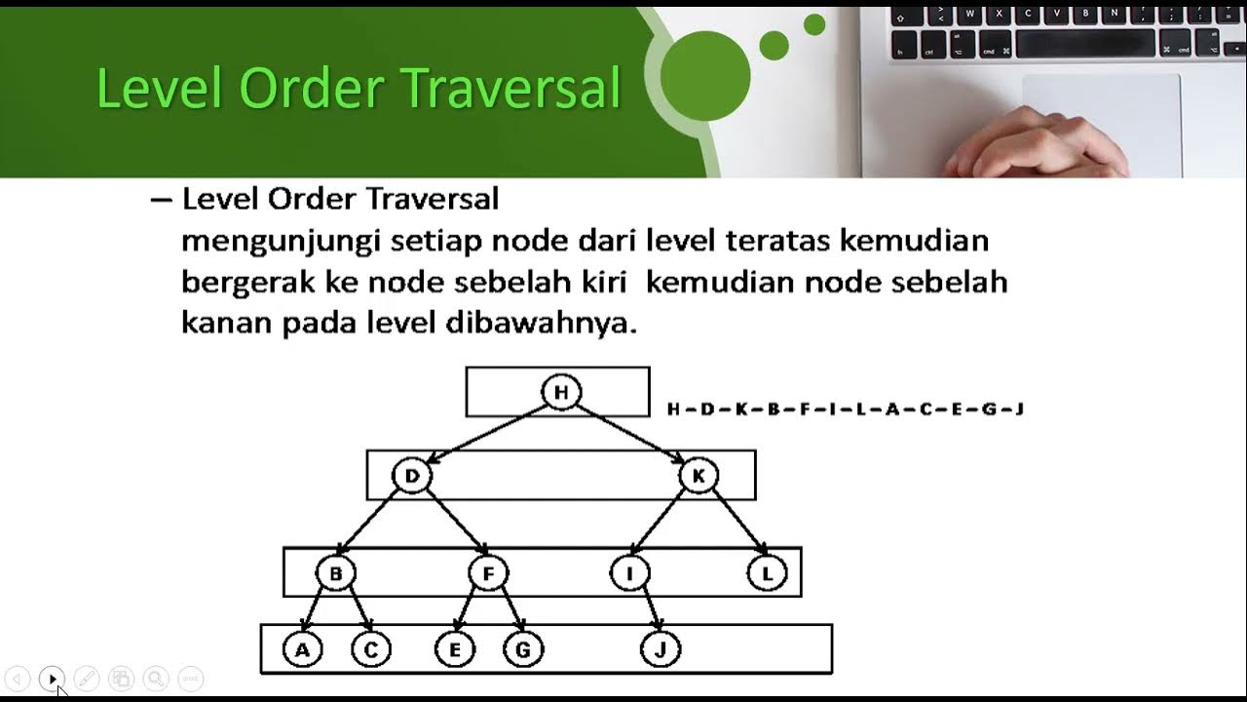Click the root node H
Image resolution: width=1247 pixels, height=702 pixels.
560,392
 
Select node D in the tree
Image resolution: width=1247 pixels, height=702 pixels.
411,476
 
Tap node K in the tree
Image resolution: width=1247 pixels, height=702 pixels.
699,476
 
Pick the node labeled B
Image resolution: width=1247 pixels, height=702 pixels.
335,573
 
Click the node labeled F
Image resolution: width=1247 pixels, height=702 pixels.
488,573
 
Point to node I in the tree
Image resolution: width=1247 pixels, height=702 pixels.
629,573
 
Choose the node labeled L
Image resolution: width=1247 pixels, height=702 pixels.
767,573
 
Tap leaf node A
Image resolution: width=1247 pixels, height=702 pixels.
302,649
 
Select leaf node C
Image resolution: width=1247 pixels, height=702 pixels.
370,649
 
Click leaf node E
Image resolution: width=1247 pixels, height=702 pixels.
455,649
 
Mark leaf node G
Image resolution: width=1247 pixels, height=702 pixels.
523,649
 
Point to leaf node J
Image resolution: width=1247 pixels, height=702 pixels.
661,649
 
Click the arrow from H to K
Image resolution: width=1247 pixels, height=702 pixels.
630,433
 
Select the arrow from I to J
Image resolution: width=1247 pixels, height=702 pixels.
646,611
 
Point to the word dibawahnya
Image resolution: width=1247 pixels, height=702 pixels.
541,323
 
